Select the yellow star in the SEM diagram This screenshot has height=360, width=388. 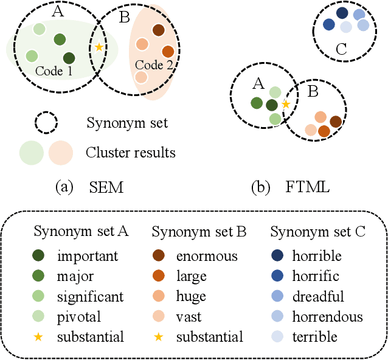(99, 47)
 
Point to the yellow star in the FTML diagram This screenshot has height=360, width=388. (285, 104)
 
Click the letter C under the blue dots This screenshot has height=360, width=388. (341, 50)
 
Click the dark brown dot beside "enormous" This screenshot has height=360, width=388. (164, 257)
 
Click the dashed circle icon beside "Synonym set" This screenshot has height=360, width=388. (46, 123)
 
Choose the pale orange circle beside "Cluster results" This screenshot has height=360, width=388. (60, 153)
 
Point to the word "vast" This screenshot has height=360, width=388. (189, 316)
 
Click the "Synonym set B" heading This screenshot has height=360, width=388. (199, 232)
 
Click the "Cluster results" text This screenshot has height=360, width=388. (131, 152)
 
